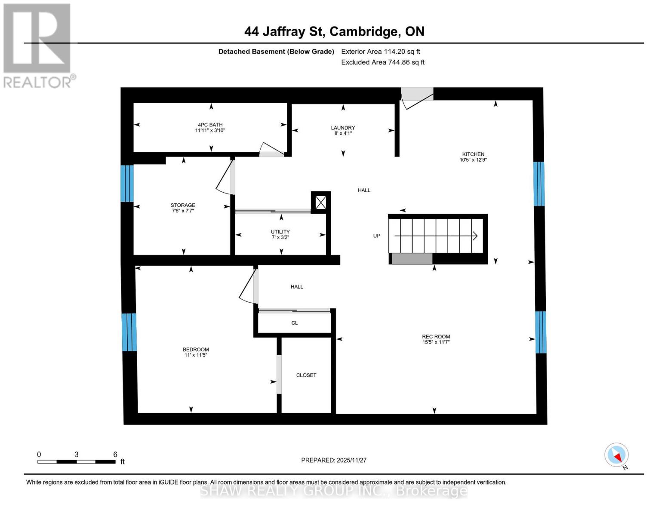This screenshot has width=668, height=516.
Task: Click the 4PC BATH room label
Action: click(x=210, y=125)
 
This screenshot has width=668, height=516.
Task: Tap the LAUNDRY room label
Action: click(x=343, y=128)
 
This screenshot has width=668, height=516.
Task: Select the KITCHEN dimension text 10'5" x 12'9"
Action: click(x=473, y=160)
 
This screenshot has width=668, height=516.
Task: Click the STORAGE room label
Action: click(x=183, y=205)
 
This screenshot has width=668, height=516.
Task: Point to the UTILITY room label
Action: click(x=280, y=232)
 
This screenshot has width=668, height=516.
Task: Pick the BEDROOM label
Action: click(x=196, y=350)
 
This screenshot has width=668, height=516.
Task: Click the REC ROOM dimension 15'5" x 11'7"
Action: click(x=436, y=342)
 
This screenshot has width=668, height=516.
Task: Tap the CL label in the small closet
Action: click(x=295, y=323)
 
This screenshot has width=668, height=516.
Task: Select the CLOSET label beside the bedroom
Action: click(x=306, y=375)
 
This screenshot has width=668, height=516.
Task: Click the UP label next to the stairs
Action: click(x=377, y=236)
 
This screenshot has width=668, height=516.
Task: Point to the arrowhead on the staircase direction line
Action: click(x=475, y=236)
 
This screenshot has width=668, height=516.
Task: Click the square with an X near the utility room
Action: click(x=321, y=203)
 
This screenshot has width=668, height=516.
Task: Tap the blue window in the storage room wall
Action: click(x=127, y=183)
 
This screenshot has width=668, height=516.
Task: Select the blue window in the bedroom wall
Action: click(x=129, y=332)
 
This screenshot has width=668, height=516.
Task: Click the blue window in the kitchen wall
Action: click(x=539, y=184)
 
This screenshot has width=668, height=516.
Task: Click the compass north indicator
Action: click(x=617, y=455)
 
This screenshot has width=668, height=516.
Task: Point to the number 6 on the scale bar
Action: click(x=115, y=454)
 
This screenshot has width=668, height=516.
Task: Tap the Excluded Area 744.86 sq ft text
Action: click(x=383, y=62)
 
